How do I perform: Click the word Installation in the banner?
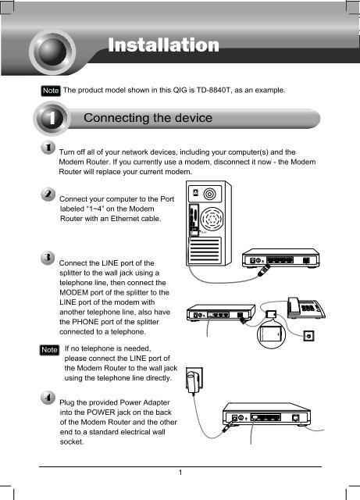coord(163,45)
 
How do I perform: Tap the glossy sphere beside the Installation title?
coord(52,52)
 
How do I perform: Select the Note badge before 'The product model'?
coord(51,91)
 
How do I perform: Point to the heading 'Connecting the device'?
coord(148,118)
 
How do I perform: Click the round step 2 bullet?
coord(48,195)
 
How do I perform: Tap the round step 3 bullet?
coord(48,258)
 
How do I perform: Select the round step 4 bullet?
coord(48,398)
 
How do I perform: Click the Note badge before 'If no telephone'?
coord(49,350)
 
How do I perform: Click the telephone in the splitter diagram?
coord(306,308)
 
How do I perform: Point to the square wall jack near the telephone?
coord(308,335)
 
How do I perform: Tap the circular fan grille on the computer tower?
coord(211,219)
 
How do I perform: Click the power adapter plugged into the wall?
coord(193,380)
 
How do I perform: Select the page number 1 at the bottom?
coord(180,473)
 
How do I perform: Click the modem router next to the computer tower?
coord(280,258)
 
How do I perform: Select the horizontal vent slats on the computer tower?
coord(205,250)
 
